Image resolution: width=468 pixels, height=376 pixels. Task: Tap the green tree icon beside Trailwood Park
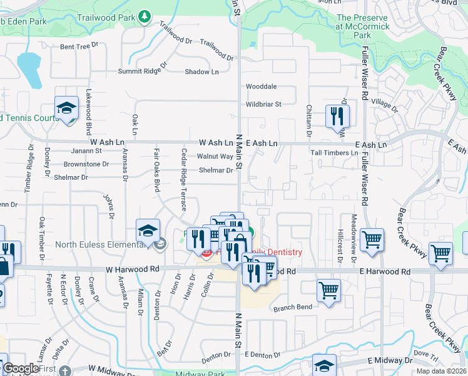click(145, 15)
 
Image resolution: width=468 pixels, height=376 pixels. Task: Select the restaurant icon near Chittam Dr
click(337, 115)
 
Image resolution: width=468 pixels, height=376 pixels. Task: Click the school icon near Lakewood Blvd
click(66, 108)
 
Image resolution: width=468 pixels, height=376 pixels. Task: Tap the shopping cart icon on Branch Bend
click(329, 291)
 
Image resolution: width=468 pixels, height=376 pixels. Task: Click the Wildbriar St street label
click(263, 104)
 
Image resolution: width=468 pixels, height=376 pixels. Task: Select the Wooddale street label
click(261, 86)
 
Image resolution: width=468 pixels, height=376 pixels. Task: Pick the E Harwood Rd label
click(385, 271)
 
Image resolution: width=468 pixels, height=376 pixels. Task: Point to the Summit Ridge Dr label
click(144, 68)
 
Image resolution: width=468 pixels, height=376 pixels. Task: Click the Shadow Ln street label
click(201, 71)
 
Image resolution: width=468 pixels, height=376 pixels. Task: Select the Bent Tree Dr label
click(79, 46)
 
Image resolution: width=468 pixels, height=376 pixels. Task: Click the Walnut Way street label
click(215, 156)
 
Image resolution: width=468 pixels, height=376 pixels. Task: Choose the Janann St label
click(86, 151)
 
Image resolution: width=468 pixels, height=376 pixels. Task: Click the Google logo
click(21, 369)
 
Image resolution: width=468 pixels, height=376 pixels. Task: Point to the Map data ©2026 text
click(442, 371)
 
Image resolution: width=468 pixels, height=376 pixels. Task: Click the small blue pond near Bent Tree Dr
click(29, 68)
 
